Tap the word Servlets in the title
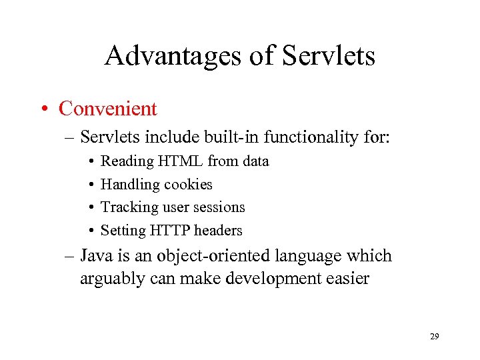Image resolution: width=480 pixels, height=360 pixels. pyautogui.click(x=329, y=55)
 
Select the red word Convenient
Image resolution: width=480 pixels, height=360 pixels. pyautogui.click(x=108, y=109)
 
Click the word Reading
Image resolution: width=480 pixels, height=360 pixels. pyautogui.click(x=127, y=161)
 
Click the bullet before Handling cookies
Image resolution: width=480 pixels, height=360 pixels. pyautogui.click(x=90, y=185)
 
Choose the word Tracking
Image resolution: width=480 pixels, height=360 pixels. pyautogui.click(x=129, y=207)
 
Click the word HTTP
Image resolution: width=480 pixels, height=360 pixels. pyautogui.click(x=171, y=231)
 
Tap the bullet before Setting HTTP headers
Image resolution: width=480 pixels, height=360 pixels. pyautogui.click(x=90, y=231)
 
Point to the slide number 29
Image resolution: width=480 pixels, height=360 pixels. pyautogui.click(x=434, y=337)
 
